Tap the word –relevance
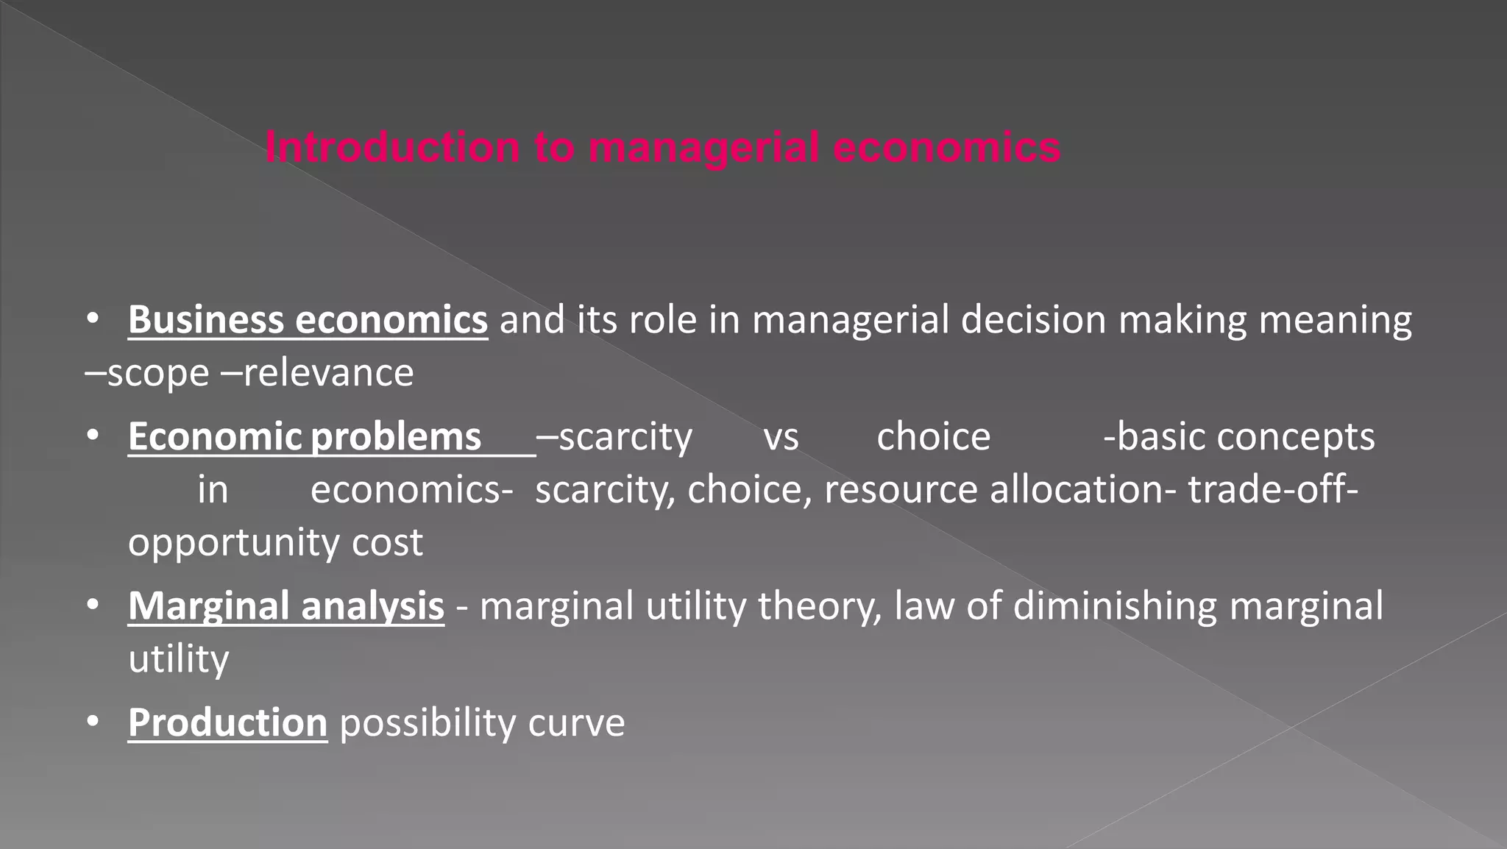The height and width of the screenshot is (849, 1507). point(318,373)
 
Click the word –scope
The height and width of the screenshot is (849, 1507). point(147,373)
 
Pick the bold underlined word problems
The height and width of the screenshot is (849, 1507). point(396,437)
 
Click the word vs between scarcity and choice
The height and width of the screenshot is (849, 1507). point(781,437)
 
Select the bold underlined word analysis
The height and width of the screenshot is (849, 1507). point(372,607)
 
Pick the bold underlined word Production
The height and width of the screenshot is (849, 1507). point(227,723)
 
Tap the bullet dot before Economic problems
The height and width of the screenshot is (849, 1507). point(92,436)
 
